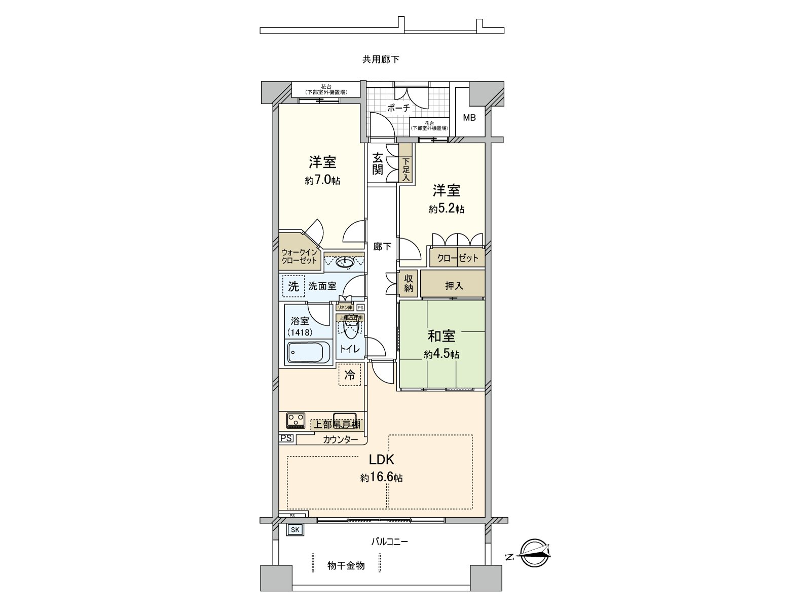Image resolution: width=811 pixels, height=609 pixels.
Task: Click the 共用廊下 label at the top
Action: coord(381,59)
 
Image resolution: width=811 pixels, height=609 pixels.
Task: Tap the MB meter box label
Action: coord(469,118)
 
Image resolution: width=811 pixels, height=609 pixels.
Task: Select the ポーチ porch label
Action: coord(398,108)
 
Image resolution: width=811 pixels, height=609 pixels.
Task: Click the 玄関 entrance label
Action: coord(378,164)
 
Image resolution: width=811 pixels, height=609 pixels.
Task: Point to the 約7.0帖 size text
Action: coord(322,180)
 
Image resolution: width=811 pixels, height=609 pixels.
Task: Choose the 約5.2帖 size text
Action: coord(446,209)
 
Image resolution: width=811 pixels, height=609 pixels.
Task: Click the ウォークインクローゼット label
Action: coord(299,256)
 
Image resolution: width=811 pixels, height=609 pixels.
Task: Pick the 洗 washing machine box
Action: coord(293,286)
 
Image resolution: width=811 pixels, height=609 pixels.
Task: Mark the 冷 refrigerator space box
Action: coord(350,375)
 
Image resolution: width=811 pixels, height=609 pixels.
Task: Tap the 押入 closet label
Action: coord(454,286)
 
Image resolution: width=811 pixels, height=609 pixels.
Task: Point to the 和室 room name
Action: coord(441,336)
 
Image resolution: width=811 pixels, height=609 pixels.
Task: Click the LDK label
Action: coord(381,460)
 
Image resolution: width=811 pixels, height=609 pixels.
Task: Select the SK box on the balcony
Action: coord(295,530)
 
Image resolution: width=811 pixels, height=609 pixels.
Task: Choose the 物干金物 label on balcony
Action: coord(346,565)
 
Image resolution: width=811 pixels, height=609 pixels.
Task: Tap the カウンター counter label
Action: coord(341,439)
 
